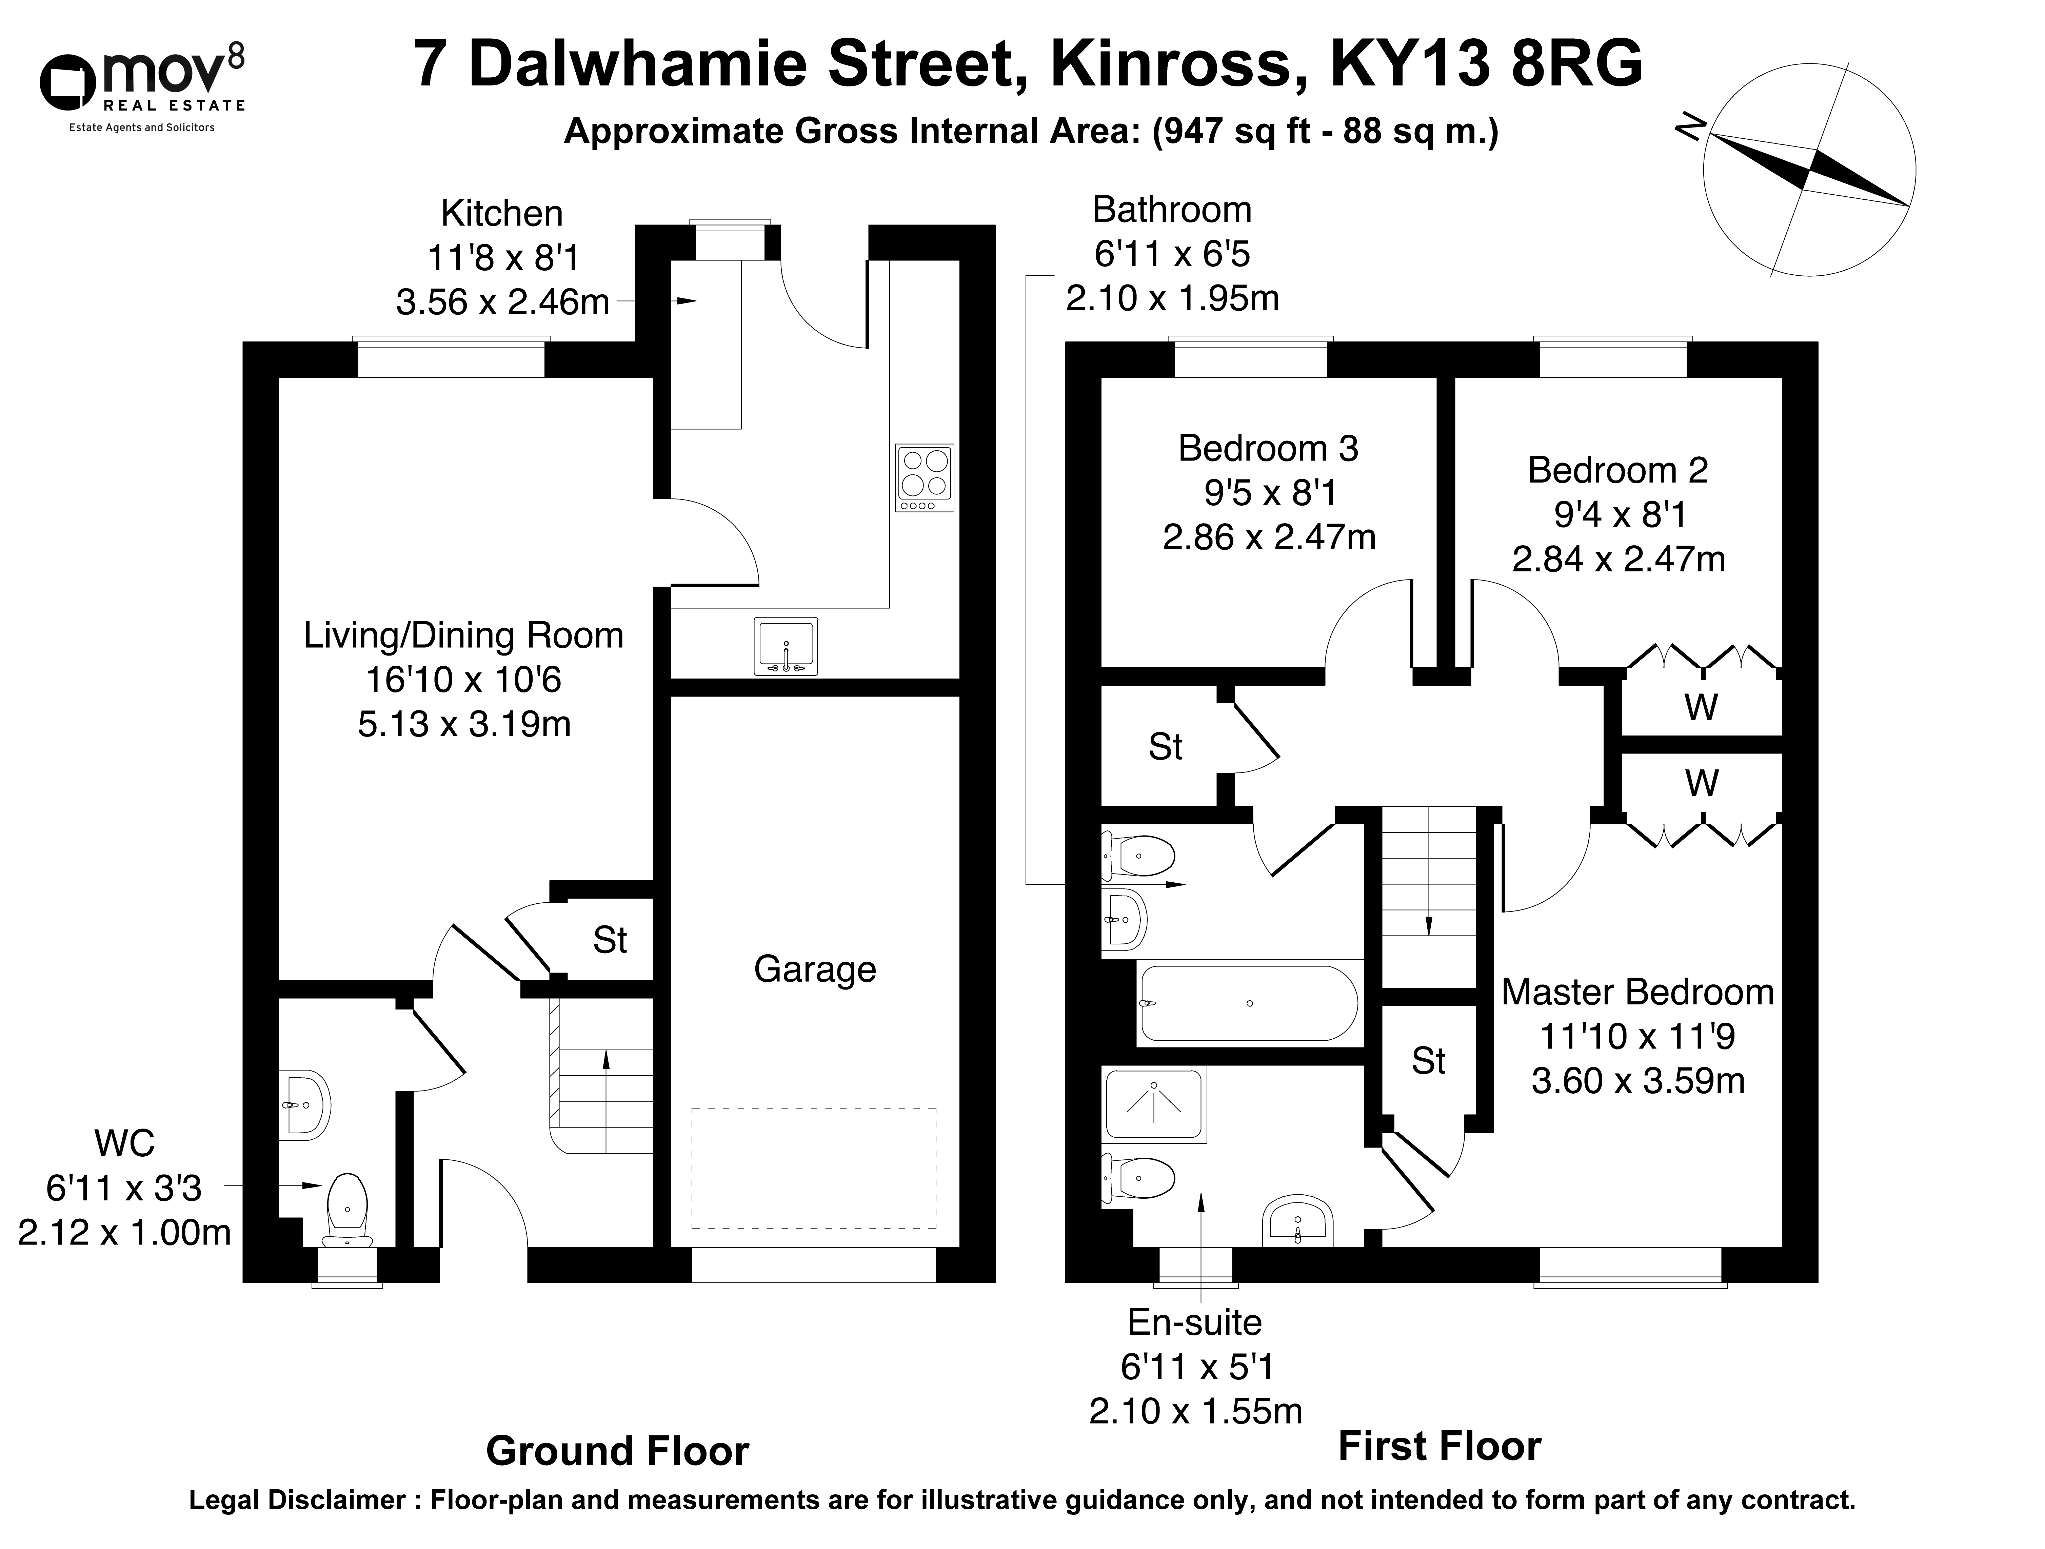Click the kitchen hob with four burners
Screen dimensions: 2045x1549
point(925,477)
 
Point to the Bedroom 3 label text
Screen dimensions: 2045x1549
point(1268,449)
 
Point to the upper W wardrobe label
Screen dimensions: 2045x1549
point(1701,707)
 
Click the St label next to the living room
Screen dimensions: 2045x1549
point(610,941)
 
